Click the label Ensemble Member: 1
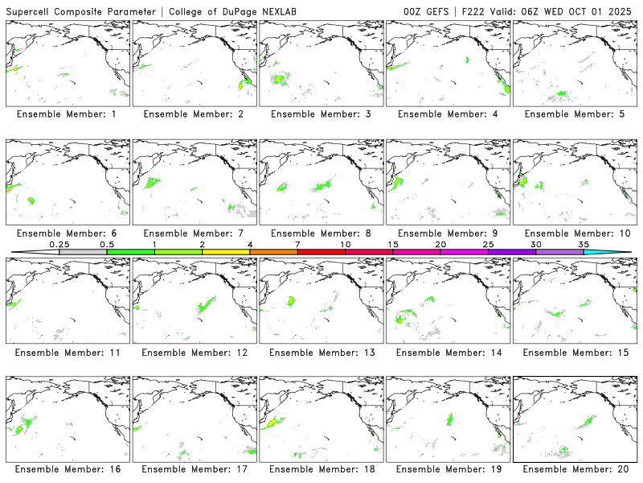66,114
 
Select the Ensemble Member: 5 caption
574,114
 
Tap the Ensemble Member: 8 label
320,233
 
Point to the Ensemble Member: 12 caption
193,353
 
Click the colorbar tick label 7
297,244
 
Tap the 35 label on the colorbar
584,244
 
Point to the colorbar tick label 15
393,244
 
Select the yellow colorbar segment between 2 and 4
226,252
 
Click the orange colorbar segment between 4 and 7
273,252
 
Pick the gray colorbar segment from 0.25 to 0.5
83,252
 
